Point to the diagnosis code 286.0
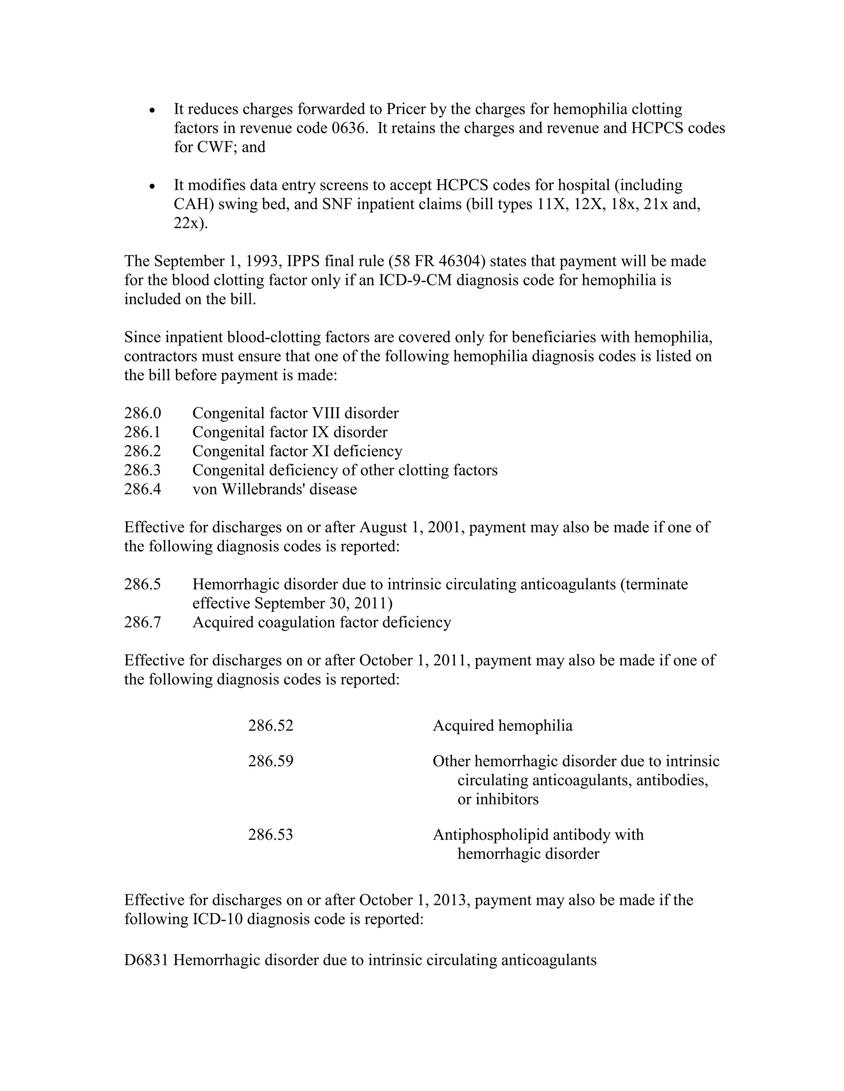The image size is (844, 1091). pos(143,413)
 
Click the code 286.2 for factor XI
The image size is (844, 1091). pos(143,451)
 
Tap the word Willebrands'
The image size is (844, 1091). pos(263,489)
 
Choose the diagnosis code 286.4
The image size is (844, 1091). pos(143,489)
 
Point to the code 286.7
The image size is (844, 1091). pos(143,622)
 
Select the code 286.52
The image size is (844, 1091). pos(270,725)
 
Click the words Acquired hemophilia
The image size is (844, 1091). pos(502,725)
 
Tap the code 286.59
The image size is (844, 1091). pos(270,761)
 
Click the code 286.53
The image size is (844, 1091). pos(270,835)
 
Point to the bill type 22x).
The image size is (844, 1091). pos(190,223)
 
